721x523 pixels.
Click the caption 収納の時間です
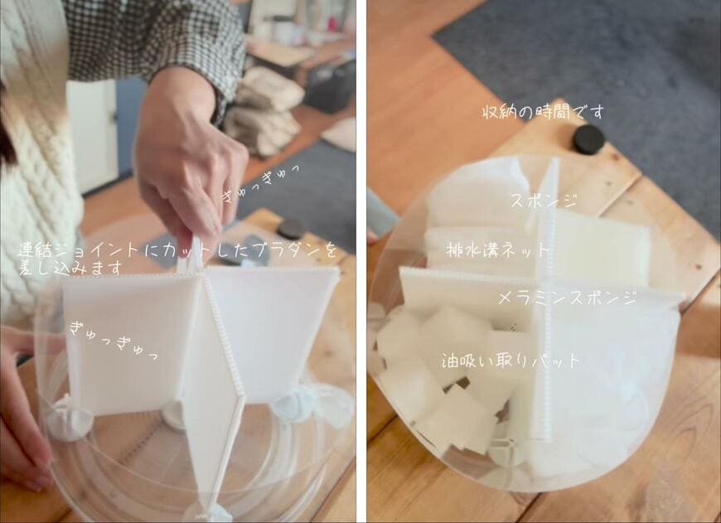tap(543, 112)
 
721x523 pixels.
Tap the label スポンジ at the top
tap(543, 201)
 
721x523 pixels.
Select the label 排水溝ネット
tap(498, 249)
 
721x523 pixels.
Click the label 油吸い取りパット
tap(511, 361)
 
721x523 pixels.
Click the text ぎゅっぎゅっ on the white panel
tap(113, 340)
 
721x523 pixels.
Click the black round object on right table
tap(588, 138)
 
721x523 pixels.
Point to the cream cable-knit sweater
tap(33, 166)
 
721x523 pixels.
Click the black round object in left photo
tap(290, 229)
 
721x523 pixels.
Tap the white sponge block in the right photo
tap(601, 249)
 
